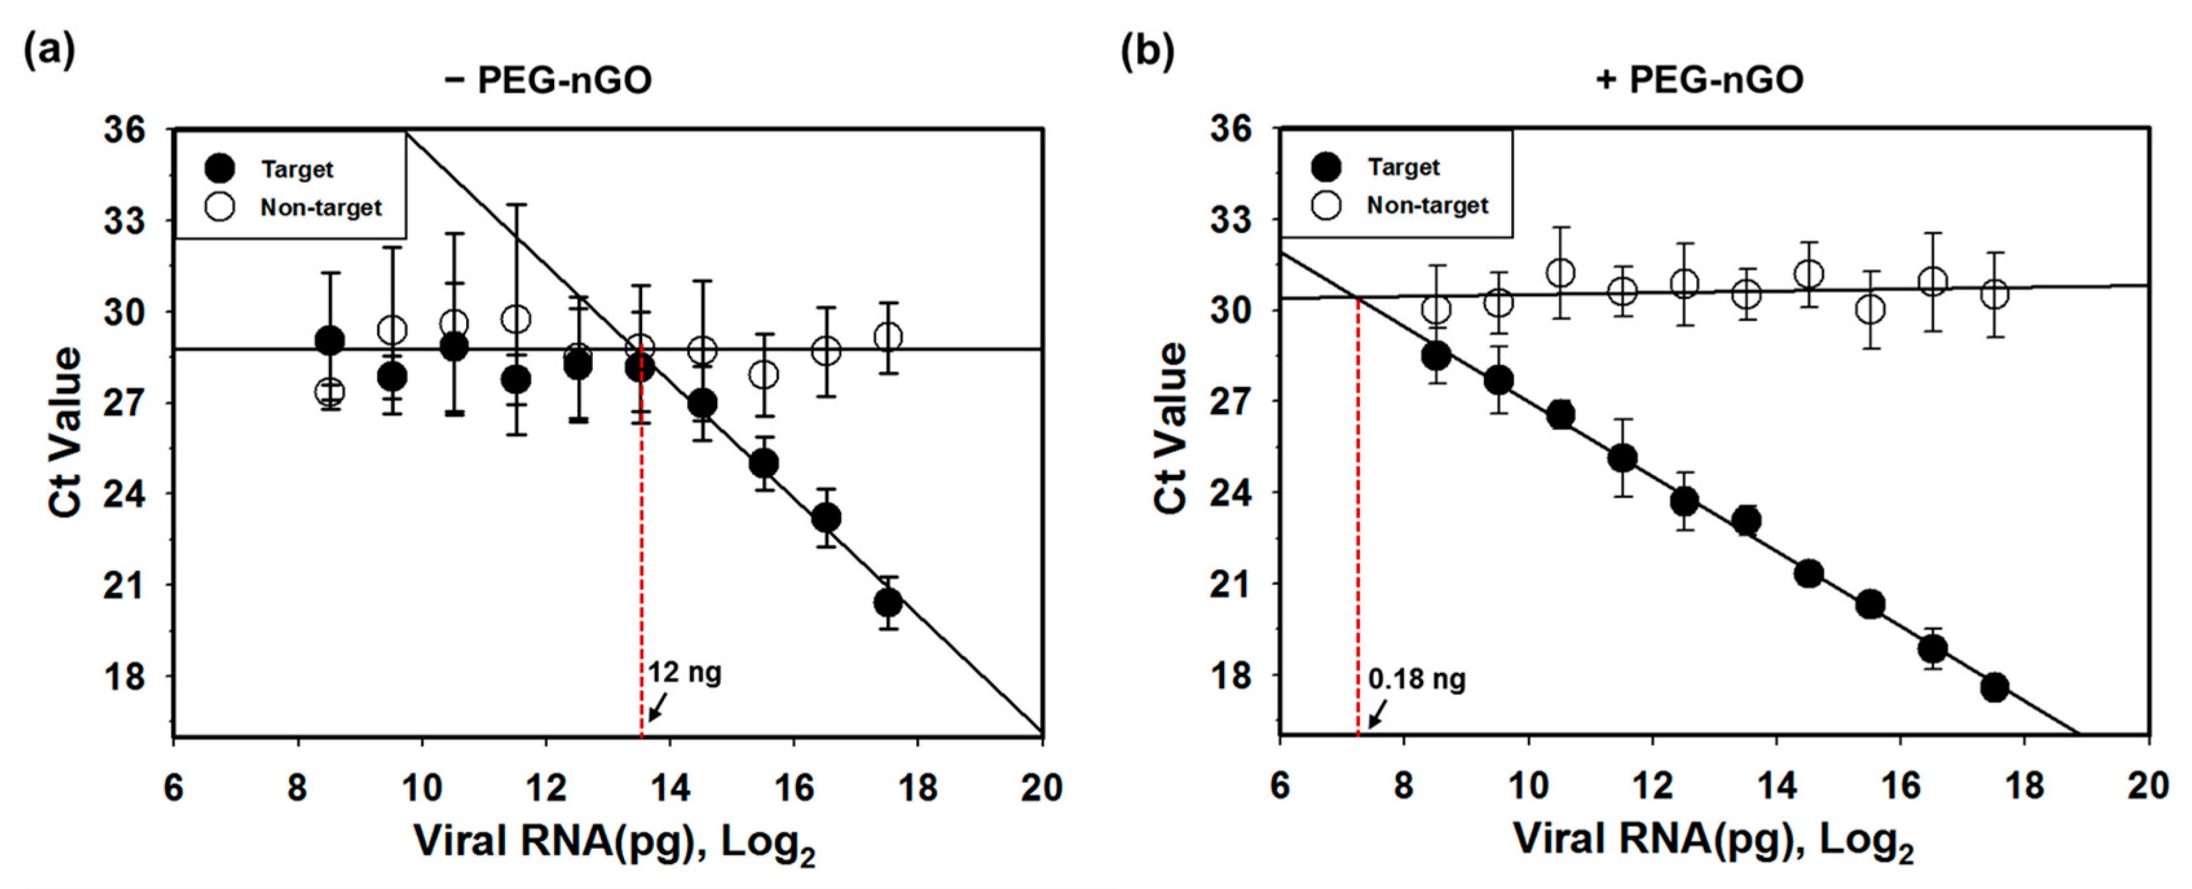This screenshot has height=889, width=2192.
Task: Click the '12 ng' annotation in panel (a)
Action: [684, 673]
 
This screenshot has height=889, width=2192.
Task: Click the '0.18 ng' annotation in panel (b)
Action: [1417, 679]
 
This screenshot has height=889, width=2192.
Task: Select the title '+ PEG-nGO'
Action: [1699, 81]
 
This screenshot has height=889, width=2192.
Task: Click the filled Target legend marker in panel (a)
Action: [220, 169]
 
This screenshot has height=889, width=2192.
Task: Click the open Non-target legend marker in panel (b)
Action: [1327, 205]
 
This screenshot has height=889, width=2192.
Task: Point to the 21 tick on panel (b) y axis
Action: [1230, 584]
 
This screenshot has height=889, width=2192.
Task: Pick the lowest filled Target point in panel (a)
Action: [888, 603]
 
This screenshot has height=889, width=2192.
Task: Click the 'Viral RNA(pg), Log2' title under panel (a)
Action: [614, 842]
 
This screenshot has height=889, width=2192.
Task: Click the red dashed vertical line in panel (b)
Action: [1358, 528]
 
